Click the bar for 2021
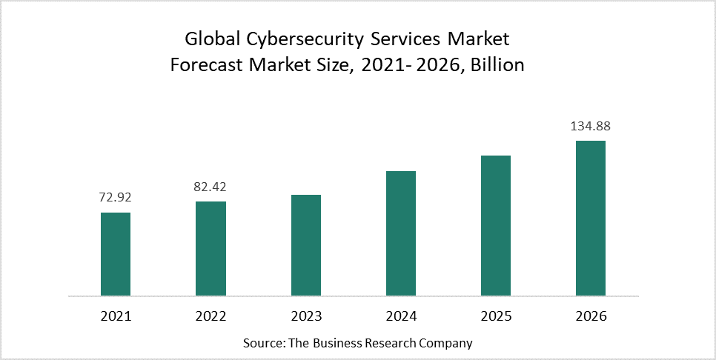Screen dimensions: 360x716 [116, 254]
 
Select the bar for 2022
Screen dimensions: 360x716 [211, 249]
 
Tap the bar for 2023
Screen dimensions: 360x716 [306, 245]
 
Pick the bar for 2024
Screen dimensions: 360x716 [401, 233]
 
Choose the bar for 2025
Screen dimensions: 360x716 [496, 226]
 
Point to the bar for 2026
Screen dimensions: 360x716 [591, 219]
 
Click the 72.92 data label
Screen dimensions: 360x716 [116, 198]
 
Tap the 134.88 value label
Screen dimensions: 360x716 [591, 126]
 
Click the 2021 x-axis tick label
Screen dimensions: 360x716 [116, 316]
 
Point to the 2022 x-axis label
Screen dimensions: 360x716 [211, 316]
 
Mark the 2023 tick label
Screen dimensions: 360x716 [306, 316]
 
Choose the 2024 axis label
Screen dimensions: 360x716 [401, 316]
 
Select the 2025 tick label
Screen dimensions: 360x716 [496, 316]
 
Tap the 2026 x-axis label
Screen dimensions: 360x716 [591, 316]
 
